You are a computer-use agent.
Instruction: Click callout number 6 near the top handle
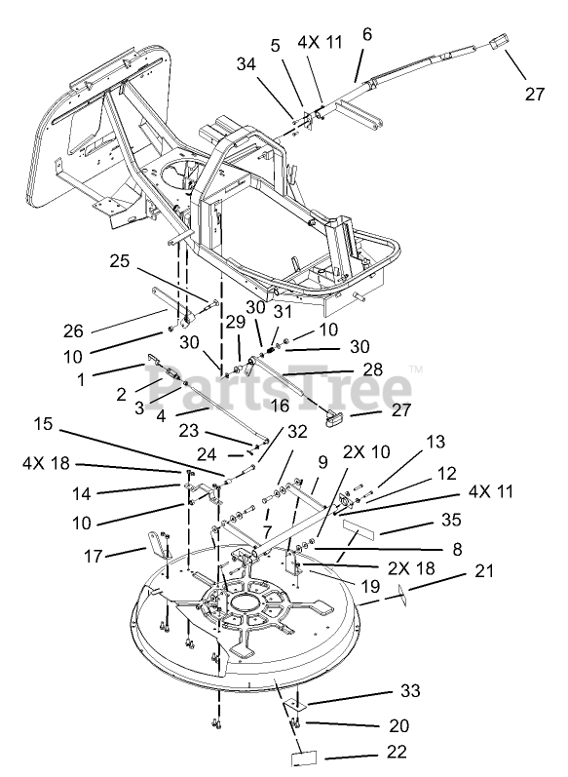coord(366,34)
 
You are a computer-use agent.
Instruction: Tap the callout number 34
coord(246,64)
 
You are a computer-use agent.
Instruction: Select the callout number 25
coord(119,260)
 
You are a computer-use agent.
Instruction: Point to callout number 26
coord(73,331)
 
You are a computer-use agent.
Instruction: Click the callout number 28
coord(372,369)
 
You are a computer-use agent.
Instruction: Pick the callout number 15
coord(44,424)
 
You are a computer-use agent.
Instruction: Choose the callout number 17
coord(93,556)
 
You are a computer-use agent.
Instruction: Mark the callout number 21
coord(484,570)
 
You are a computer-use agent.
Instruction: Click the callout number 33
coord(410,690)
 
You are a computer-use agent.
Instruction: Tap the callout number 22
coord(397,752)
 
